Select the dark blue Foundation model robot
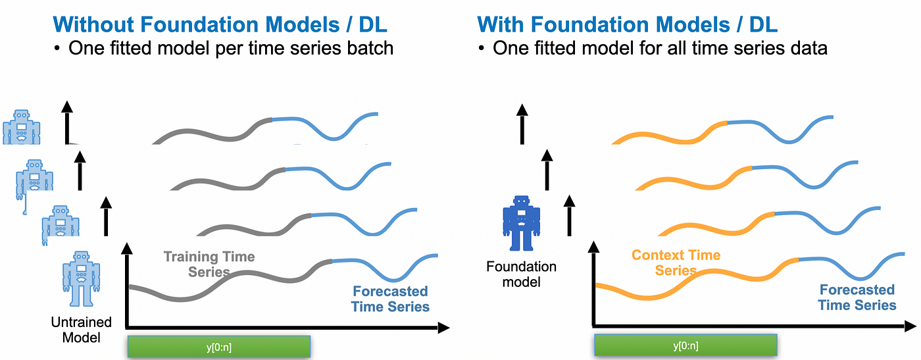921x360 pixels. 522,223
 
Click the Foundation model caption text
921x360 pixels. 522,274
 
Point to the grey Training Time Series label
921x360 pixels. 209,263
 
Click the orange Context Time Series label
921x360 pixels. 676,263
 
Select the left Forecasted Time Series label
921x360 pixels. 390,299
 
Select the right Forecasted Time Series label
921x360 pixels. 857,297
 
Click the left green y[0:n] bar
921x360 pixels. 218,346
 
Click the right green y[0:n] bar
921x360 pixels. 685,346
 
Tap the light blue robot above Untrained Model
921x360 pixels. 81,278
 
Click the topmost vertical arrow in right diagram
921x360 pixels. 522,122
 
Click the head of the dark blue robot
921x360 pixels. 522,202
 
